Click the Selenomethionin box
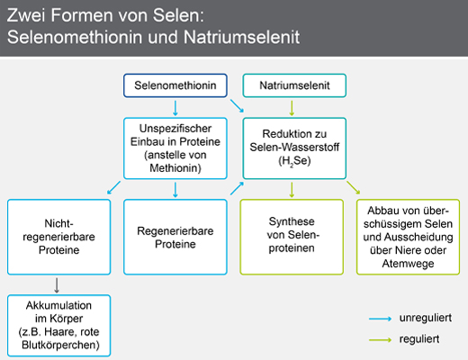pyautogui.click(x=175, y=85)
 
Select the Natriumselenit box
pyautogui.click(x=294, y=85)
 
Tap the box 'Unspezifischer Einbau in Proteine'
pyautogui.click(x=175, y=148)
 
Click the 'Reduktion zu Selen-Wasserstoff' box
pyautogui.click(x=294, y=148)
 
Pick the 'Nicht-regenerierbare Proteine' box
pyautogui.click(x=58, y=237)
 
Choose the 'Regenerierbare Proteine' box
pyautogui.click(x=175, y=237)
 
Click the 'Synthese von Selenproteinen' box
pyautogui.click(x=292, y=237)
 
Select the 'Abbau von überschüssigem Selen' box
pyautogui.click(x=408, y=237)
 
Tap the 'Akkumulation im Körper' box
pyautogui.click(x=58, y=326)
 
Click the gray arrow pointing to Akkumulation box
pyautogui.click(x=57, y=285)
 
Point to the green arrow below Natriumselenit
pyautogui.click(x=292, y=108)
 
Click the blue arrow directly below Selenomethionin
pyautogui.click(x=175, y=108)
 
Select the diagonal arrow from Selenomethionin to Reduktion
pyautogui.click(x=237, y=106)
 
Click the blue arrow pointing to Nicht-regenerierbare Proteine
pyautogui.click(x=113, y=187)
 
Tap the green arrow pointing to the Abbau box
pyautogui.click(x=354, y=187)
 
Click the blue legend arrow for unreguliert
pyautogui.click(x=380, y=319)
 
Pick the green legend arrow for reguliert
pyautogui.click(x=380, y=340)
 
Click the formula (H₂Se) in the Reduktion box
pyautogui.click(x=294, y=161)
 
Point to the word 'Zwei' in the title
pyautogui.click(x=26, y=15)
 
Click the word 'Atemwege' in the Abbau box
pyautogui.click(x=408, y=264)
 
